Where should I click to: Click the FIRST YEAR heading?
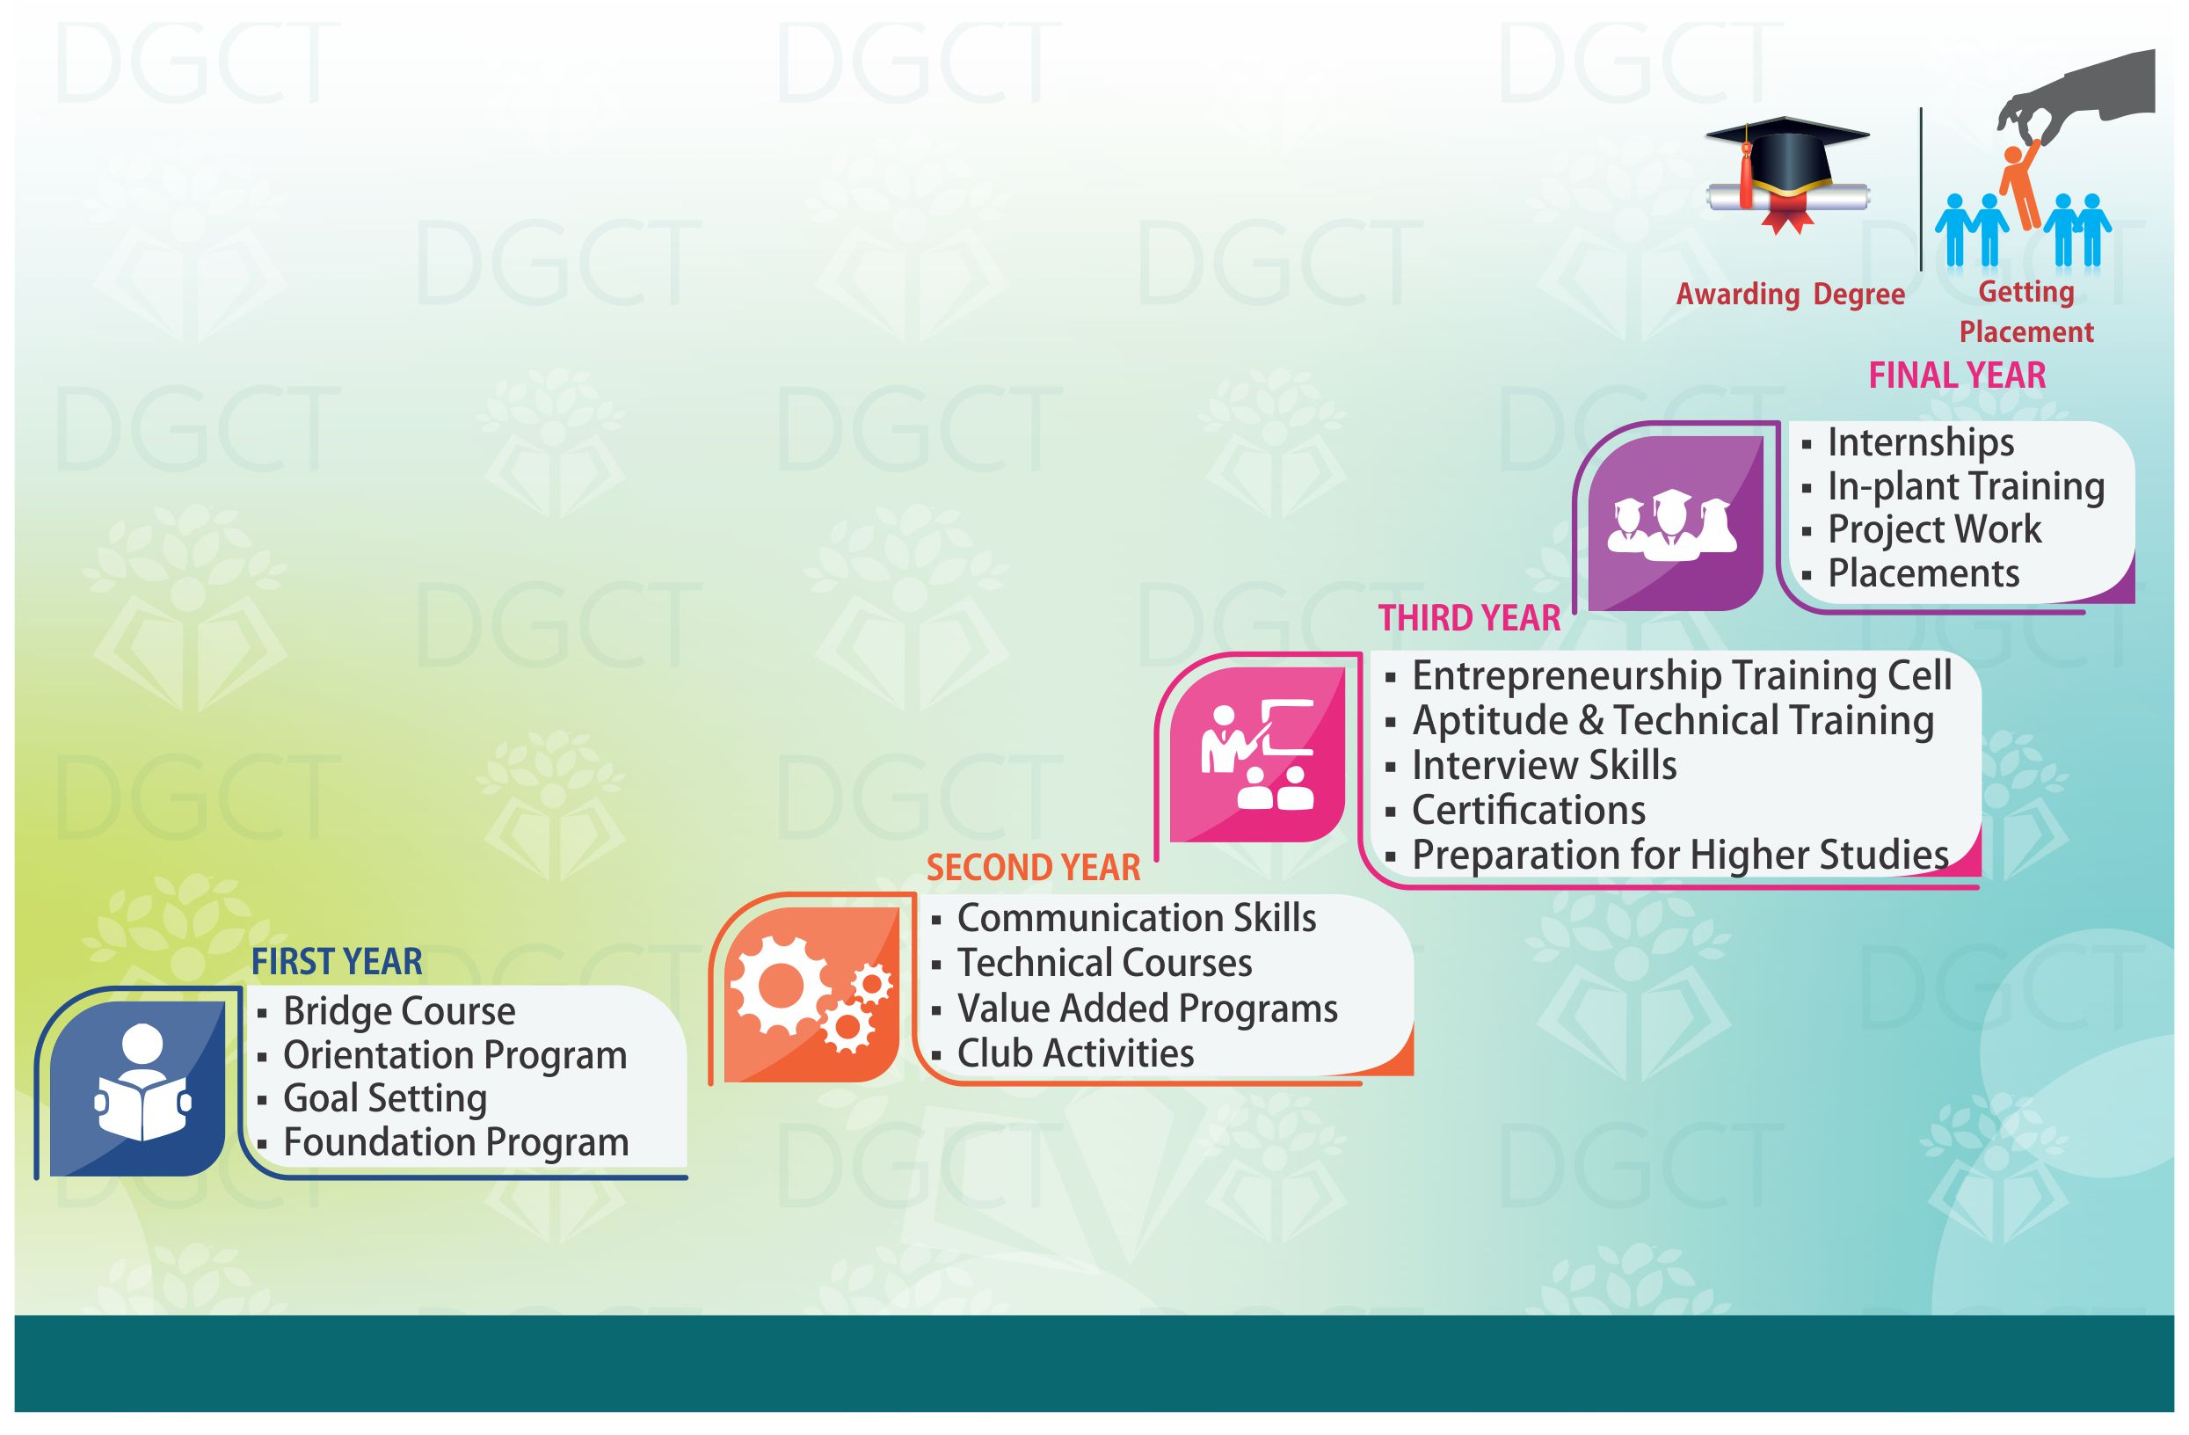point(337,962)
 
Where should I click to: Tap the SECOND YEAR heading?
point(1033,868)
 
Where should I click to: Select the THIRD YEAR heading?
point(1469,618)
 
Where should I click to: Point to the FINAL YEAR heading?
point(1957,375)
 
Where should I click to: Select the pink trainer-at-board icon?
point(1257,754)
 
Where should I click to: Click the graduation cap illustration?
point(1787,175)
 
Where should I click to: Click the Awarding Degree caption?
point(1790,295)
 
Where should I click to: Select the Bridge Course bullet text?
point(399,1011)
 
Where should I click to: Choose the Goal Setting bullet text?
point(384,1098)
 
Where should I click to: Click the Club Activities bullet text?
point(1075,1053)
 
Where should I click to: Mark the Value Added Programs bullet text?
point(1147,1009)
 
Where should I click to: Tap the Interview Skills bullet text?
point(1545,765)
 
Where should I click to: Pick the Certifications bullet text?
point(1529,811)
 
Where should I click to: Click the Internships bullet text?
point(1921,442)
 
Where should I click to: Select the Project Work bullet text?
point(1934,530)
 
